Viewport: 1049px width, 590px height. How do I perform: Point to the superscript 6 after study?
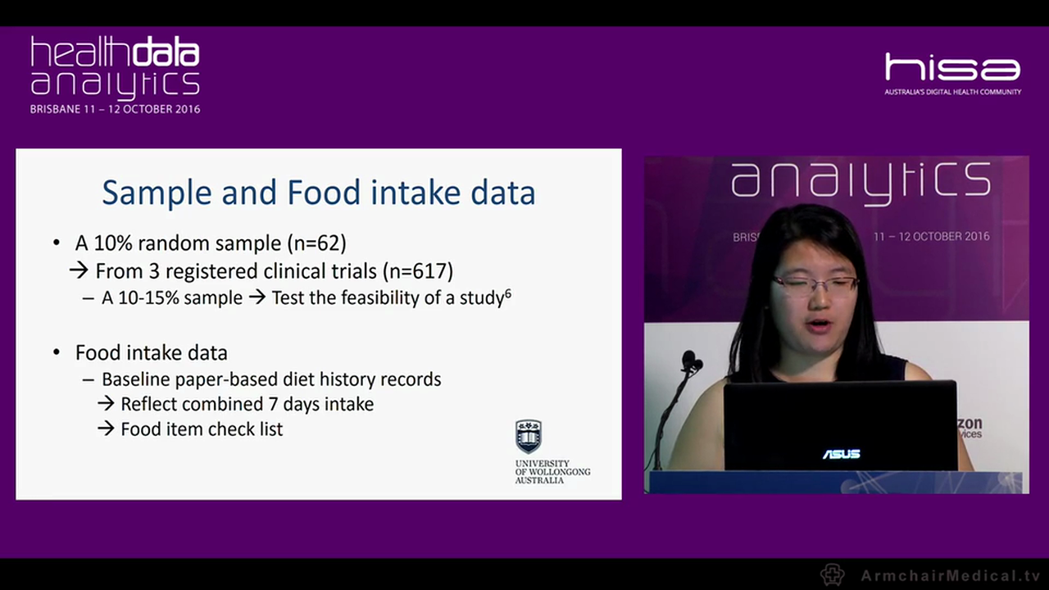click(x=508, y=293)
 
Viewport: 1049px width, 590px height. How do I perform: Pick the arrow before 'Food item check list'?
click(x=106, y=429)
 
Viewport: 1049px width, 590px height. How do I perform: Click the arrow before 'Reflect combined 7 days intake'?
click(x=106, y=404)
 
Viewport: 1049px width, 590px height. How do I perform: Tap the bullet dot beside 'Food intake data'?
click(x=57, y=352)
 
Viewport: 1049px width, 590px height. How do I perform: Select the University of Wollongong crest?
click(x=529, y=436)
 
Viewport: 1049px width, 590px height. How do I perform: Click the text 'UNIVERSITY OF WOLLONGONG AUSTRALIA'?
click(x=552, y=472)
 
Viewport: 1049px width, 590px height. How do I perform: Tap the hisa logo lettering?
click(x=952, y=67)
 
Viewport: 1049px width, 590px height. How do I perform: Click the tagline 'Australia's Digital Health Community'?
click(x=952, y=92)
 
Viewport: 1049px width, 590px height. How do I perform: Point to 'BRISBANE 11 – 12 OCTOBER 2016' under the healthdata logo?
click(x=115, y=109)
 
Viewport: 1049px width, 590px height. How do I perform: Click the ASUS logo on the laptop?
click(x=841, y=454)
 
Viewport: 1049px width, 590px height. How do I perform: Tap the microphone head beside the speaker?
click(x=690, y=361)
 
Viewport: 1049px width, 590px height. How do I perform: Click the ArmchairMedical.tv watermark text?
click(x=950, y=575)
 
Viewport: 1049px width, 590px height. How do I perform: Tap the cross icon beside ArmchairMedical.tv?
click(x=833, y=574)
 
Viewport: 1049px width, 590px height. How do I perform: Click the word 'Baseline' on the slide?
click(x=138, y=379)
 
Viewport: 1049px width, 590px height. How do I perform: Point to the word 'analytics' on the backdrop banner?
click(x=861, y=181)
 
